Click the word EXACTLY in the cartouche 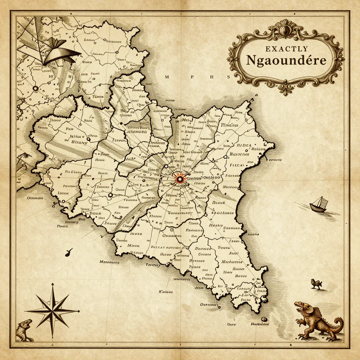(287, 49)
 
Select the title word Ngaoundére (286, 60)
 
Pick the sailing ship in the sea (319, 205)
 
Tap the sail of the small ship (321, 201)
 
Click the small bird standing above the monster (316, 283)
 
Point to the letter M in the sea (167, 77)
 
